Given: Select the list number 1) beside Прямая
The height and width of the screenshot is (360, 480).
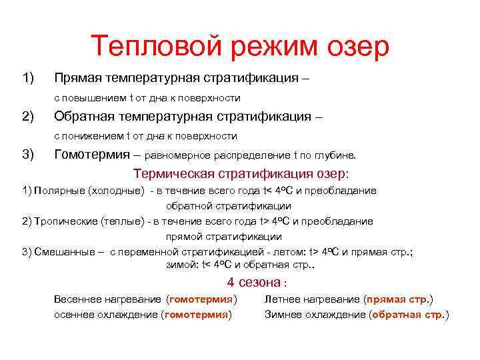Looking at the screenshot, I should (x=28, y=78).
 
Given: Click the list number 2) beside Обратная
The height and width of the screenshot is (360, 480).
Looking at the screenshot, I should (x=28, y=117).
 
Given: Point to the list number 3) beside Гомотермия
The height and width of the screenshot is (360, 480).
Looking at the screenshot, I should (x=28, y=155).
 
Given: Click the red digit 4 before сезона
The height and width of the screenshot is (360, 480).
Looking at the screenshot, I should (x=231, y=281).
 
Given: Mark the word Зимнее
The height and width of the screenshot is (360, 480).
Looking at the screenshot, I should (x=285, y=315).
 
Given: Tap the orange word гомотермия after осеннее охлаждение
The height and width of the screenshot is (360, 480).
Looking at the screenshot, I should (x=196, y=315).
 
